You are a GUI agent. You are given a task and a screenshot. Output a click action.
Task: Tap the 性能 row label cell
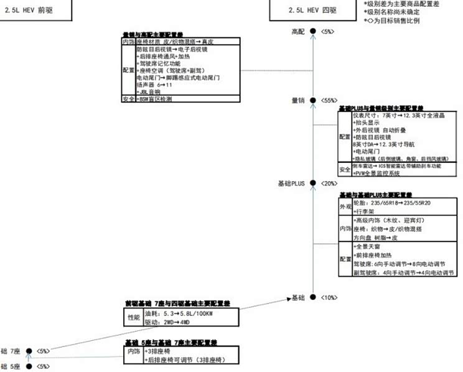tap(134, 317)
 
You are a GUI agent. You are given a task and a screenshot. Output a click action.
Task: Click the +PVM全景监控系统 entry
tap(381, 175)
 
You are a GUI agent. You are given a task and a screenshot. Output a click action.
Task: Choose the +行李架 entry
tap(365, 212)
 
